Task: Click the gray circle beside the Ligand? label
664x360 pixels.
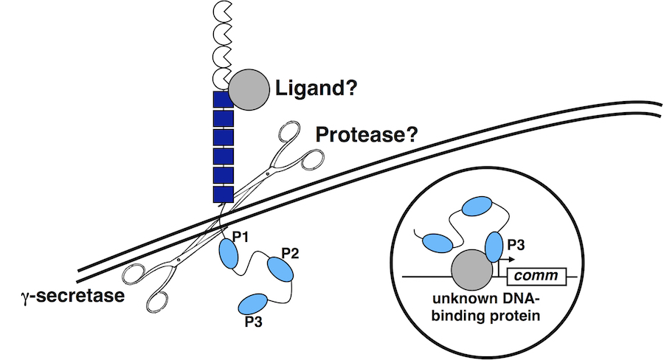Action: point(248,89)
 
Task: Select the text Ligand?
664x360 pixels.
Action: point(317,90)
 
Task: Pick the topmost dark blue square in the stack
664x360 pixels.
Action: point(223,100)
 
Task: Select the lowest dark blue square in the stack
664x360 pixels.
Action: point(223,194)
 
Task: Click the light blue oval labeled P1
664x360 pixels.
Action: point(228,255)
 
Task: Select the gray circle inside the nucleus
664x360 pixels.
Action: point(471,269)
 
